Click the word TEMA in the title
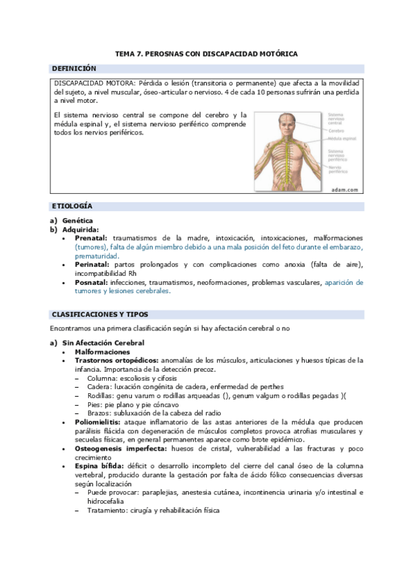point(125,53)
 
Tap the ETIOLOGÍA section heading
point(72,206)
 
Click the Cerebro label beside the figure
point(336,130)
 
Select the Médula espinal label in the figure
point(342,138)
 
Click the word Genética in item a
point(78,221)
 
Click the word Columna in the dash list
point(100,379)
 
